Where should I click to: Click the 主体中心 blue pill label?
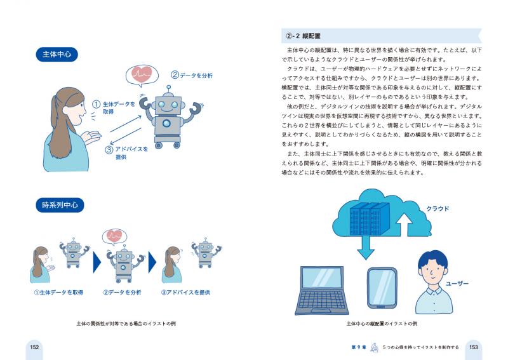(57, 55)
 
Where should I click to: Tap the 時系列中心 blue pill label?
(60, 205)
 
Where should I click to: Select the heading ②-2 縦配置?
(303, 36)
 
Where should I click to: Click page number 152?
(34, 347)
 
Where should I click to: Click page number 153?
(473, 347)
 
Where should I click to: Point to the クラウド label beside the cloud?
(438, 209)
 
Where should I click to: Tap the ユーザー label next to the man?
(457, 284)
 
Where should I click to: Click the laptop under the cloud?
(322, 290)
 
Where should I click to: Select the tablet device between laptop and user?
(382, 288)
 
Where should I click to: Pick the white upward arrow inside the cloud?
(404, 225)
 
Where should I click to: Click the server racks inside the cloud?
(370, 219)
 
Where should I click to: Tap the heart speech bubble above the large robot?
(142, 76)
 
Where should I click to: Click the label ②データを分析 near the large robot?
(192, 75)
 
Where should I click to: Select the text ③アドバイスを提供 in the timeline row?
(185, 292)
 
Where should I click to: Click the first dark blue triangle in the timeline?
(97, 262)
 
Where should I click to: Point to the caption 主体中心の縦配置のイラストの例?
(382, 323)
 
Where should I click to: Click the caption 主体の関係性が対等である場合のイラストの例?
(126, 323)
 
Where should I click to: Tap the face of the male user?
(434, 272)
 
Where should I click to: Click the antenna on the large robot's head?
(168, 90)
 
